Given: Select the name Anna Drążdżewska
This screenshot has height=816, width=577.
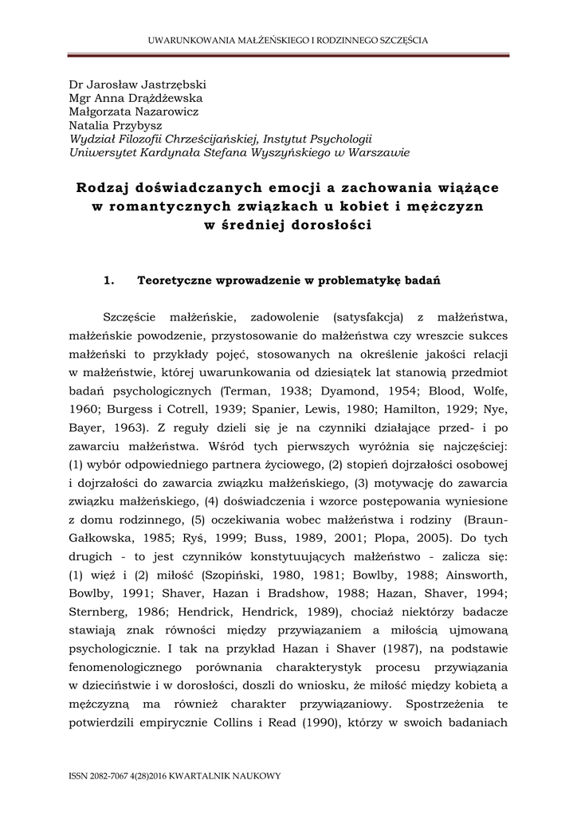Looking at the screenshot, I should click(x=147, y=98).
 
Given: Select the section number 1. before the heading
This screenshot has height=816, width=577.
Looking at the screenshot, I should click(x=111, y=280).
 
